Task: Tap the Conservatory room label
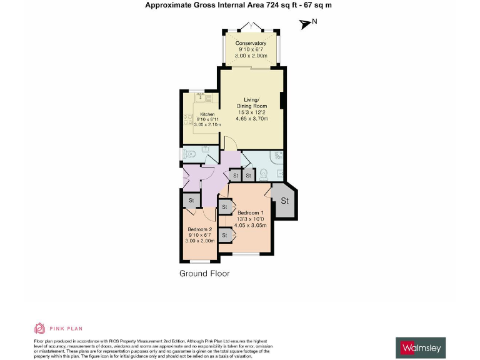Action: point(251,43)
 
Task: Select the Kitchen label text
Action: point(207,114)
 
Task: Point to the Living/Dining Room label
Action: point(251,102)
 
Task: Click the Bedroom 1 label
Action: point(250,212)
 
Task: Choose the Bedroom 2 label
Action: point(200,229)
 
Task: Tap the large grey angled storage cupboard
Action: point(284,201)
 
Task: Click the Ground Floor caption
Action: point(204,274)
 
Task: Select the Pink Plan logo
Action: point(57,328)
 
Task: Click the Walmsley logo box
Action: point(421,347)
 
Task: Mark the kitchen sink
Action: point(201,97)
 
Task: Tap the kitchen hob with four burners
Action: point(186,119)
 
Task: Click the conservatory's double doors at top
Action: point(251,27)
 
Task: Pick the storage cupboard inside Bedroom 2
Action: point(191,200)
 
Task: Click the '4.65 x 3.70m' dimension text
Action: point(251,118)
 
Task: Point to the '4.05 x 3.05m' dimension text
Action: point(250,225)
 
